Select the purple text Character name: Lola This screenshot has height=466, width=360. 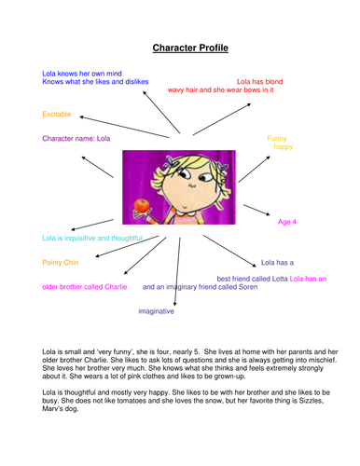pyautogui.click(x=76, y=138)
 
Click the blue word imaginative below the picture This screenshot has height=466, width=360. pyautogui.click(x=157, y=311)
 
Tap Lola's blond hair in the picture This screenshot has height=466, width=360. pyautogui.click(x=200, y=160)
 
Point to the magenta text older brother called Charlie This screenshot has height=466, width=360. pyautogui.click(x=85, y=287)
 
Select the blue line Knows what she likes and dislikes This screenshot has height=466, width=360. pyautogui.click(x=95, y=82)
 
